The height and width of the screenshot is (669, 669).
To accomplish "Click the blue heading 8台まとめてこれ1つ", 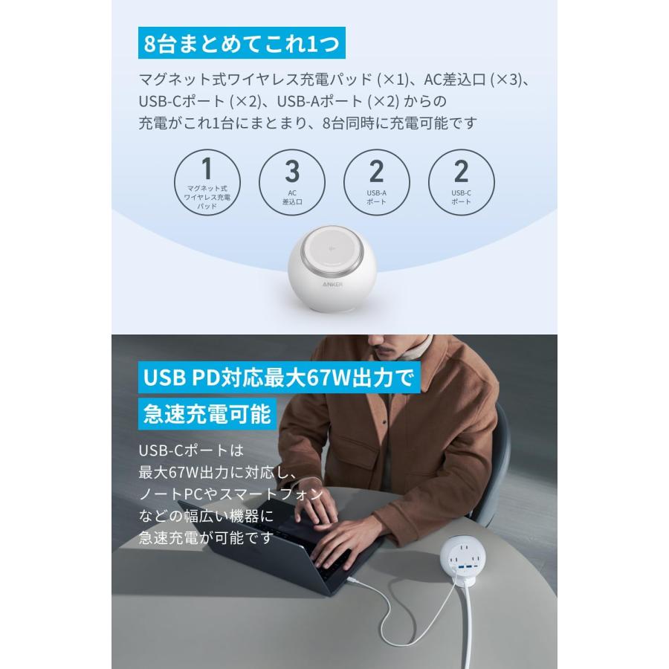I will coord(241,43).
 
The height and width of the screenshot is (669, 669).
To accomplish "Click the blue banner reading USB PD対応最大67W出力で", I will coord(279,377).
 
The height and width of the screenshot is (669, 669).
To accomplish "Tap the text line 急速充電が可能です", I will coord(206,537).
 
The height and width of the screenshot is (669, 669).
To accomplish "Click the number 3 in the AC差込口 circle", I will coord(292,171).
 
